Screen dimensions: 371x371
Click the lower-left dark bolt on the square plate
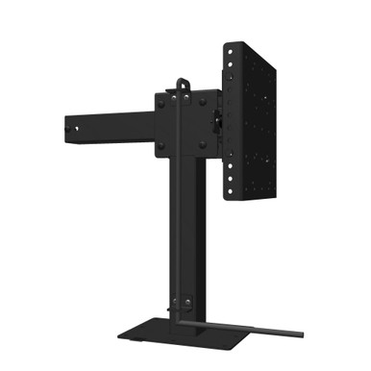161,146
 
